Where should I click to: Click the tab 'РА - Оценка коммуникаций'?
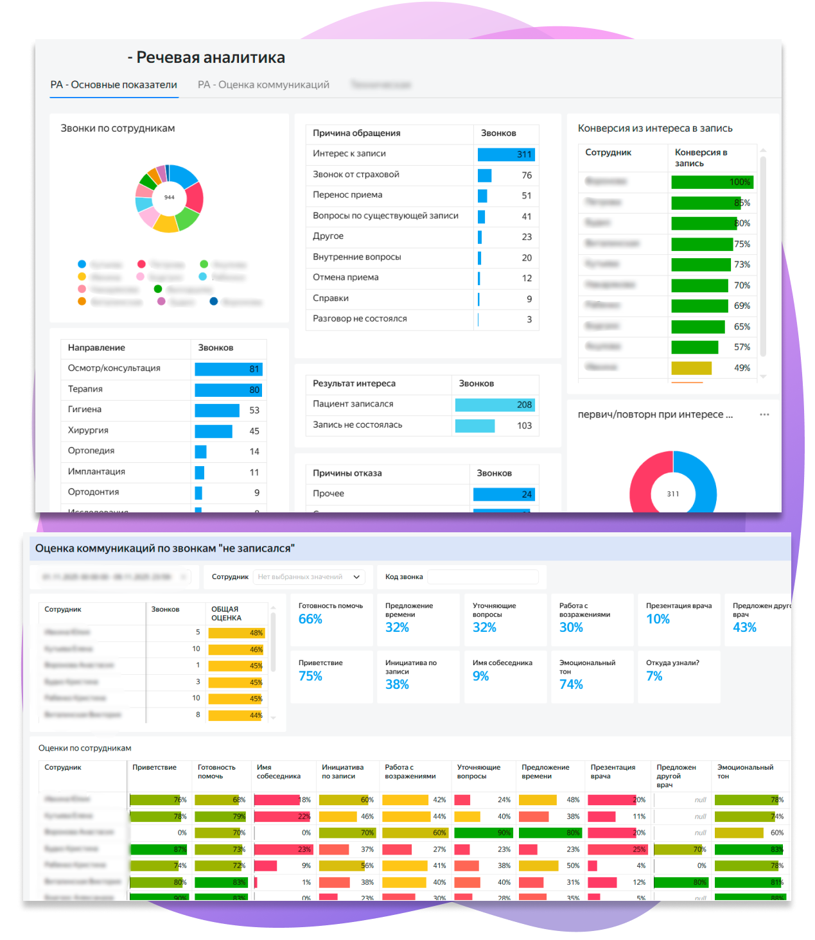263,85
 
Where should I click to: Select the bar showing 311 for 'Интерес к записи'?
506,154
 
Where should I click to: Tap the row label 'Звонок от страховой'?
356,175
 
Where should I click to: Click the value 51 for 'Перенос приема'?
527,196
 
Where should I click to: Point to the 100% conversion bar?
712,182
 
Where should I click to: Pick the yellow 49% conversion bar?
691,368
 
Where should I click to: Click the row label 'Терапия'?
85,389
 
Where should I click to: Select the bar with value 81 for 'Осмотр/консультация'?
228,369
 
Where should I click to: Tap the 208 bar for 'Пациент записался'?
495,405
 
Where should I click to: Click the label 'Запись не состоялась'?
357,425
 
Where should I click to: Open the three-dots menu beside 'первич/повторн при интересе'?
764,415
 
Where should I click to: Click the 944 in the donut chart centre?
170,197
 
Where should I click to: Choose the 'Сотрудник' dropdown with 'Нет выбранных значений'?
309,577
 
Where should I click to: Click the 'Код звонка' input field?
483,577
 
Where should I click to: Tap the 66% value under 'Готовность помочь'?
310,619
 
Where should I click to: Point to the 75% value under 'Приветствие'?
310,676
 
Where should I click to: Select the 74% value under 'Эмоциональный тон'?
571,684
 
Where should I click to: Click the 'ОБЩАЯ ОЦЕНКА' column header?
226,613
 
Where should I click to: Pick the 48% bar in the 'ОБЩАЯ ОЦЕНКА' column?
236,633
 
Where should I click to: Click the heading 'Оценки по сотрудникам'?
85,748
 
